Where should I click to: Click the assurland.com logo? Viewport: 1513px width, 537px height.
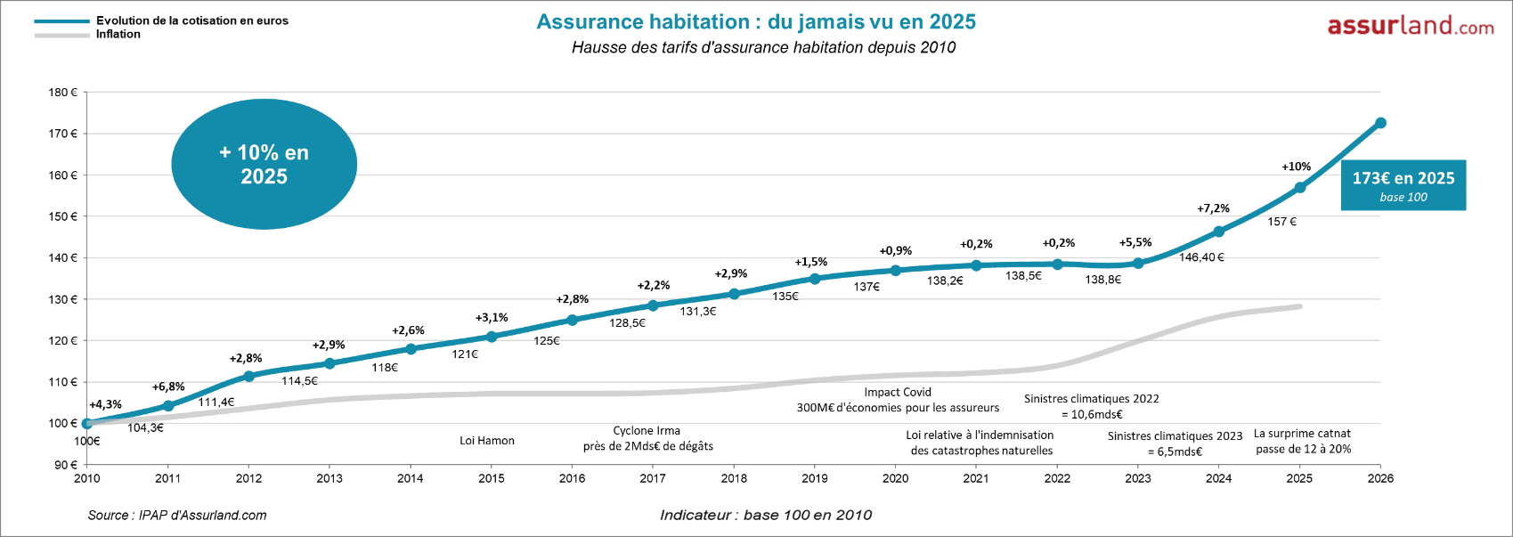point(1411,26)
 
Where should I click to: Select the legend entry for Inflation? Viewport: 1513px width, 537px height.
point(118,35)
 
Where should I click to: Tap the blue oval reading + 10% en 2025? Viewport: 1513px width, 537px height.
point(264,165)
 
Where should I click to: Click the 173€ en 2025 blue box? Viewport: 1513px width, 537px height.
point(1403,185)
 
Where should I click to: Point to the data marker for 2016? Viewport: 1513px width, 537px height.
point(572,320)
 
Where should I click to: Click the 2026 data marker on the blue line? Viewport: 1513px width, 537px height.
point(1380,123)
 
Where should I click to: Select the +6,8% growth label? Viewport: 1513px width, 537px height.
point(168,386)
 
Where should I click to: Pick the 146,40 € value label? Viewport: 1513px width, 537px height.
point(1201,257)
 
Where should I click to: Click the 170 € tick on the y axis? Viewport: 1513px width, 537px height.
point(62,134)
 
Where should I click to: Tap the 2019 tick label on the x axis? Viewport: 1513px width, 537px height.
point(814,478)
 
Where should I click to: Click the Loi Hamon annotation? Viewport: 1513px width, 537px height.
point(486,441)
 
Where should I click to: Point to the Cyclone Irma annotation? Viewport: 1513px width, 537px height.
point(647,438)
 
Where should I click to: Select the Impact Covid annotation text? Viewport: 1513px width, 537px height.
point(898,399)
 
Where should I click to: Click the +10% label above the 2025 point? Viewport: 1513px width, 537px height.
point(1296,167)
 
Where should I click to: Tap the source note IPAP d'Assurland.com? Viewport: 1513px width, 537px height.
point(177,515)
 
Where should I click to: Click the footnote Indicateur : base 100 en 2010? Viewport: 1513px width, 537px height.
point(766,515)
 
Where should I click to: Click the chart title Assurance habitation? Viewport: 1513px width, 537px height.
point(756,22)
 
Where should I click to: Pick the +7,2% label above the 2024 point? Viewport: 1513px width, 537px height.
point(1213,208)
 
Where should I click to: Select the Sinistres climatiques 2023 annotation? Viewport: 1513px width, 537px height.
point(1175,443)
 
